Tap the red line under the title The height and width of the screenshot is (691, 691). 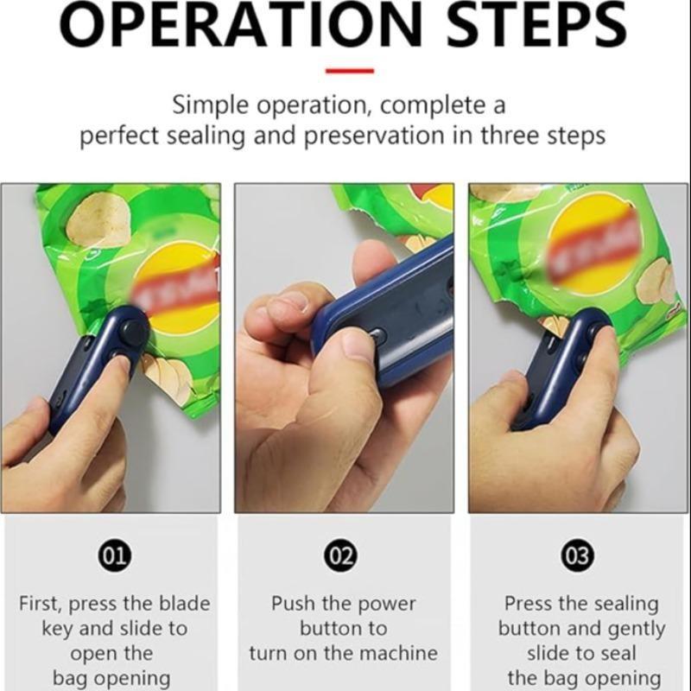tap(350, 71)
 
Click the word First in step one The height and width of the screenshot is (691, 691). tap(41, 603)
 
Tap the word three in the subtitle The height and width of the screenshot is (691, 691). tap(507, 136)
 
